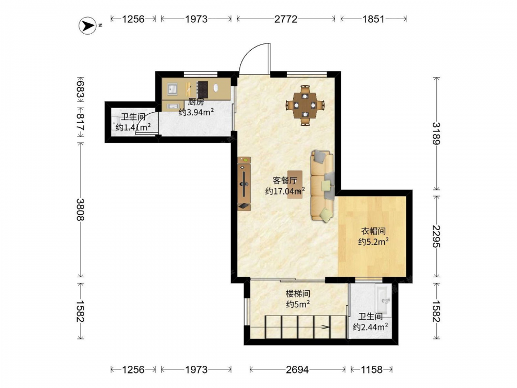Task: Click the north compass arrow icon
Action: [x=87, y=25]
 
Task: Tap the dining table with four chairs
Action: [x=306, y=105]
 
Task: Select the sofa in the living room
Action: [x=323, y=186]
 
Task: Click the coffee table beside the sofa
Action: [x=295, y=185]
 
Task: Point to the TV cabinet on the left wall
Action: [x=244, y=184]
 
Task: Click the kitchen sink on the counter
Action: [x=172, y=89]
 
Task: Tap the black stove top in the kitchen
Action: [x=202, y=89]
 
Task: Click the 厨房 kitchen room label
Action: [x=196, y=102]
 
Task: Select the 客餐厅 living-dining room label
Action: [x=285, y=181]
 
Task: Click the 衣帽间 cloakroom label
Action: [x=373, y=231]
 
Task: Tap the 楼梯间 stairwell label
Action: [x=298, y=293]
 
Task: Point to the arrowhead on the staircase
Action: [x=325, y=327]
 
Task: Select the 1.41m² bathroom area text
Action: [x=133, y=127]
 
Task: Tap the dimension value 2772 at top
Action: [x=286, y=19]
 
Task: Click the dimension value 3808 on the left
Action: [x=81, y=210]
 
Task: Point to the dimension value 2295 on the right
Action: [x=436, y=236]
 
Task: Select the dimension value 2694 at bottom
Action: [x=297, y=369]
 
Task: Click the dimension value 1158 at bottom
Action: [x=372, y=369]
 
